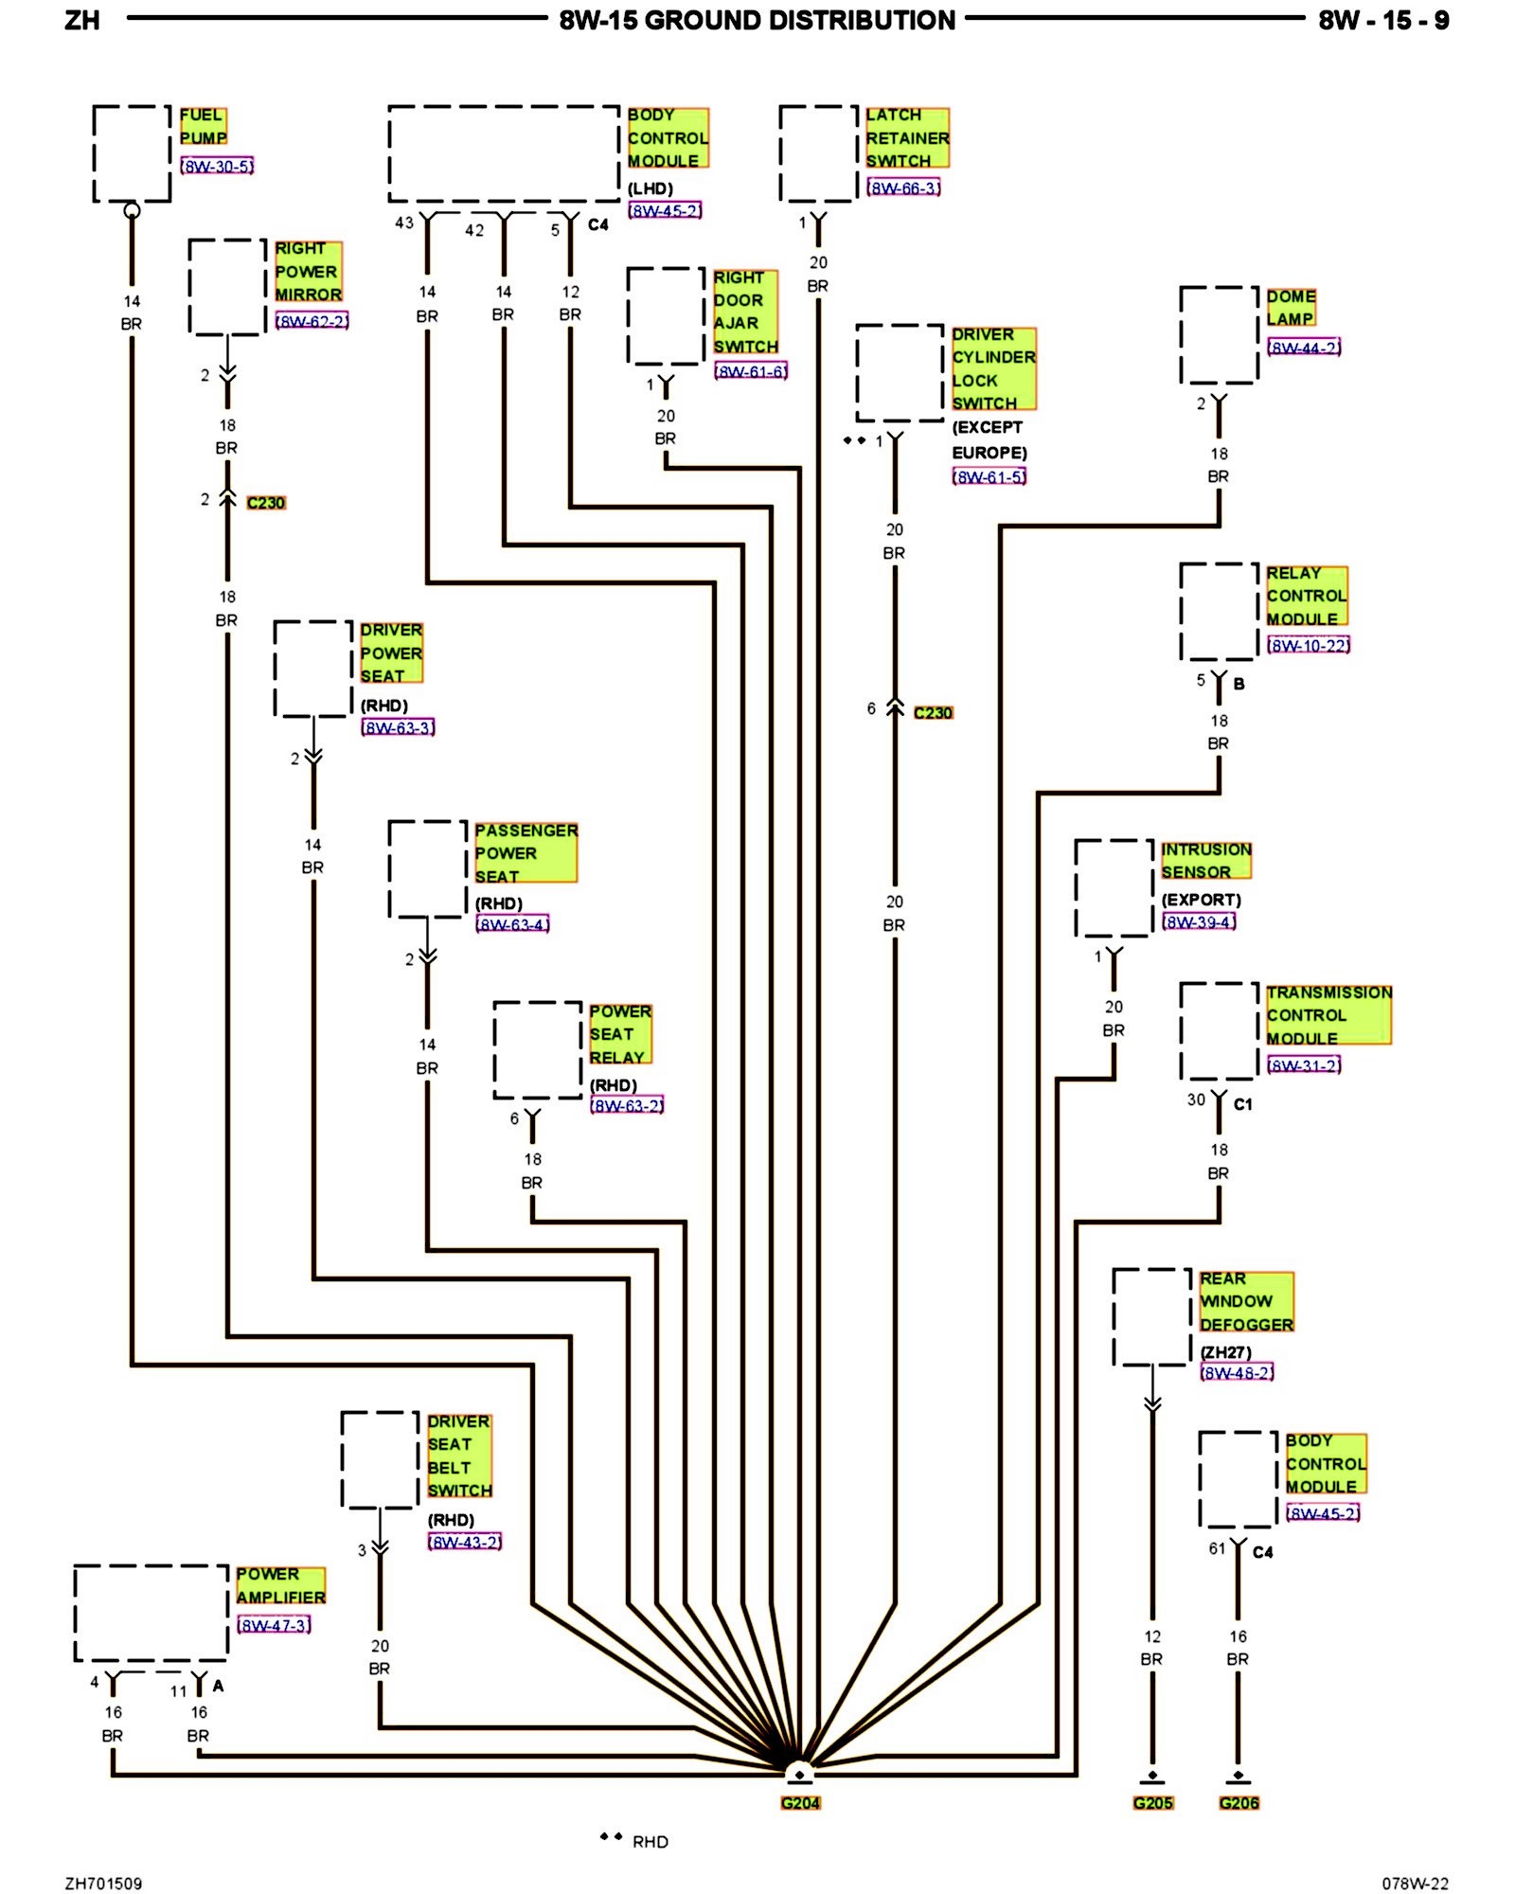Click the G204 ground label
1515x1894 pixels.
coord(800,1803)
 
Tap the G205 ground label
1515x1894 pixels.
coord(1152,1803)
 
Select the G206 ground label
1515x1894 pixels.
coord(1239,1803)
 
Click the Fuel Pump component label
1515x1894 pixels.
coord(203,126)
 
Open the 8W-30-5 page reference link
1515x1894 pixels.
coord(217,167)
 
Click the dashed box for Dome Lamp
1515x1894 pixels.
coord(1219,335)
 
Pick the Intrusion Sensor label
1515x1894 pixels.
coord(1205,861)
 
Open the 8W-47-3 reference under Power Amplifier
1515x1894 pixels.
coord(274,1625)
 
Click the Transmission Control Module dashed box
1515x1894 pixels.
coord(1219,1031)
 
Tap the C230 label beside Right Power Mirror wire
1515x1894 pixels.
coord(265,503)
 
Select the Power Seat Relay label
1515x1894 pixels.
coord(619,1034)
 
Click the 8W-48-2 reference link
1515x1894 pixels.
coord(1237,1372)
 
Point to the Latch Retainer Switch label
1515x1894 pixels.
coord(906,138)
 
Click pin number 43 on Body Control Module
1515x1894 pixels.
coord(404,223)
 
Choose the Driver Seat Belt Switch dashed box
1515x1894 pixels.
coord(380,1459)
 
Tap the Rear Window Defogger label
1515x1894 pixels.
coord(1245,1301)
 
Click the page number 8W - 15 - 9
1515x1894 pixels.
coord(1382,21)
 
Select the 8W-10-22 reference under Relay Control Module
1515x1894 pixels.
coord(1309,645)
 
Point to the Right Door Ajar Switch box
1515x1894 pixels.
coord(666,316)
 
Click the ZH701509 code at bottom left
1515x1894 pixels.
coord(103,1884)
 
